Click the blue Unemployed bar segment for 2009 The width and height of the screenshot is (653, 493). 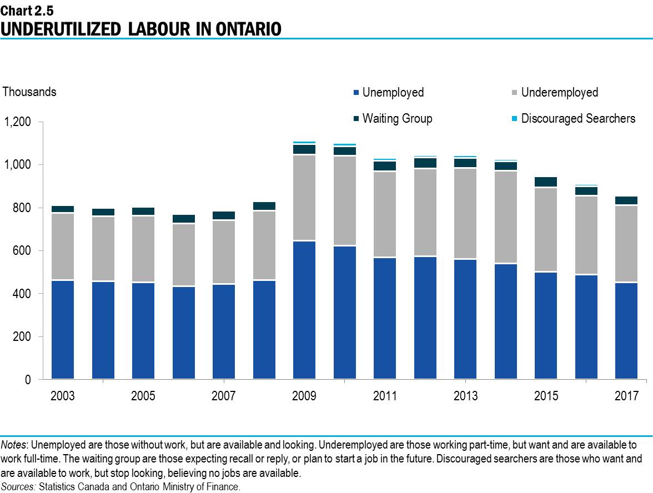304,310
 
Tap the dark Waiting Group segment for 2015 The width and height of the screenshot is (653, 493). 546,182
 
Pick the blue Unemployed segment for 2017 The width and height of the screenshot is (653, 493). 626,331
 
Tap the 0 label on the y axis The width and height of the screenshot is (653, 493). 27,380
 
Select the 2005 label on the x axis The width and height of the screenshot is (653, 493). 143,396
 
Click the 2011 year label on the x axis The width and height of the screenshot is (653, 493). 385,396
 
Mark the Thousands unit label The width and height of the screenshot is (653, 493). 29,92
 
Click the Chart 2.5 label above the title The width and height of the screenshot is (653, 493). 27,10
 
